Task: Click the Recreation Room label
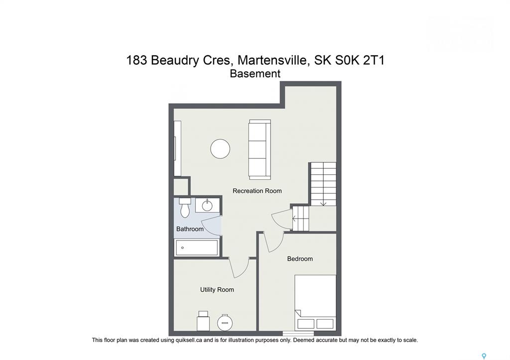point(257,191)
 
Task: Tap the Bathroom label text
point(190,229)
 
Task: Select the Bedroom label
point(300,259)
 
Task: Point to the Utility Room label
point(217,290)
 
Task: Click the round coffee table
point(220,149)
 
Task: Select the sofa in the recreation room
point(259,149)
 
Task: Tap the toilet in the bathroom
point(185,208)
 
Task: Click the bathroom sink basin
point(207,206)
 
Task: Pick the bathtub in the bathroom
point(197,248)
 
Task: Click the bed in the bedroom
point(315,302)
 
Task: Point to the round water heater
point(225,322)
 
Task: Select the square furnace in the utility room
point(203,321)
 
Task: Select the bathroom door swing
point(211,226)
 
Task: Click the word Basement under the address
point(255,74)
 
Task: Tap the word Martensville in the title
point(272,60)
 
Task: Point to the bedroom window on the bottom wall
point(298,333)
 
